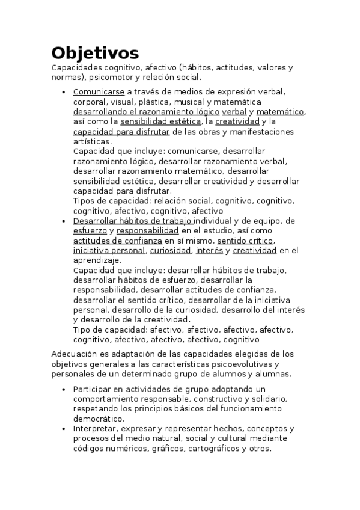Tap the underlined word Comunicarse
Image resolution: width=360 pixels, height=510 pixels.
pos(99,92)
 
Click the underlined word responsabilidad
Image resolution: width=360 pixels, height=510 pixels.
pos(147,230)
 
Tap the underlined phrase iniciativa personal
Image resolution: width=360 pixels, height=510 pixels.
pos(109,250)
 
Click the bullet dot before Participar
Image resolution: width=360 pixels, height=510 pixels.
pos(64,389)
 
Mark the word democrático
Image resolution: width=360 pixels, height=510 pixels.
pos(99,419)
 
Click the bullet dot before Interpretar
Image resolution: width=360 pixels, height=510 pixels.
pos(64,429)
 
